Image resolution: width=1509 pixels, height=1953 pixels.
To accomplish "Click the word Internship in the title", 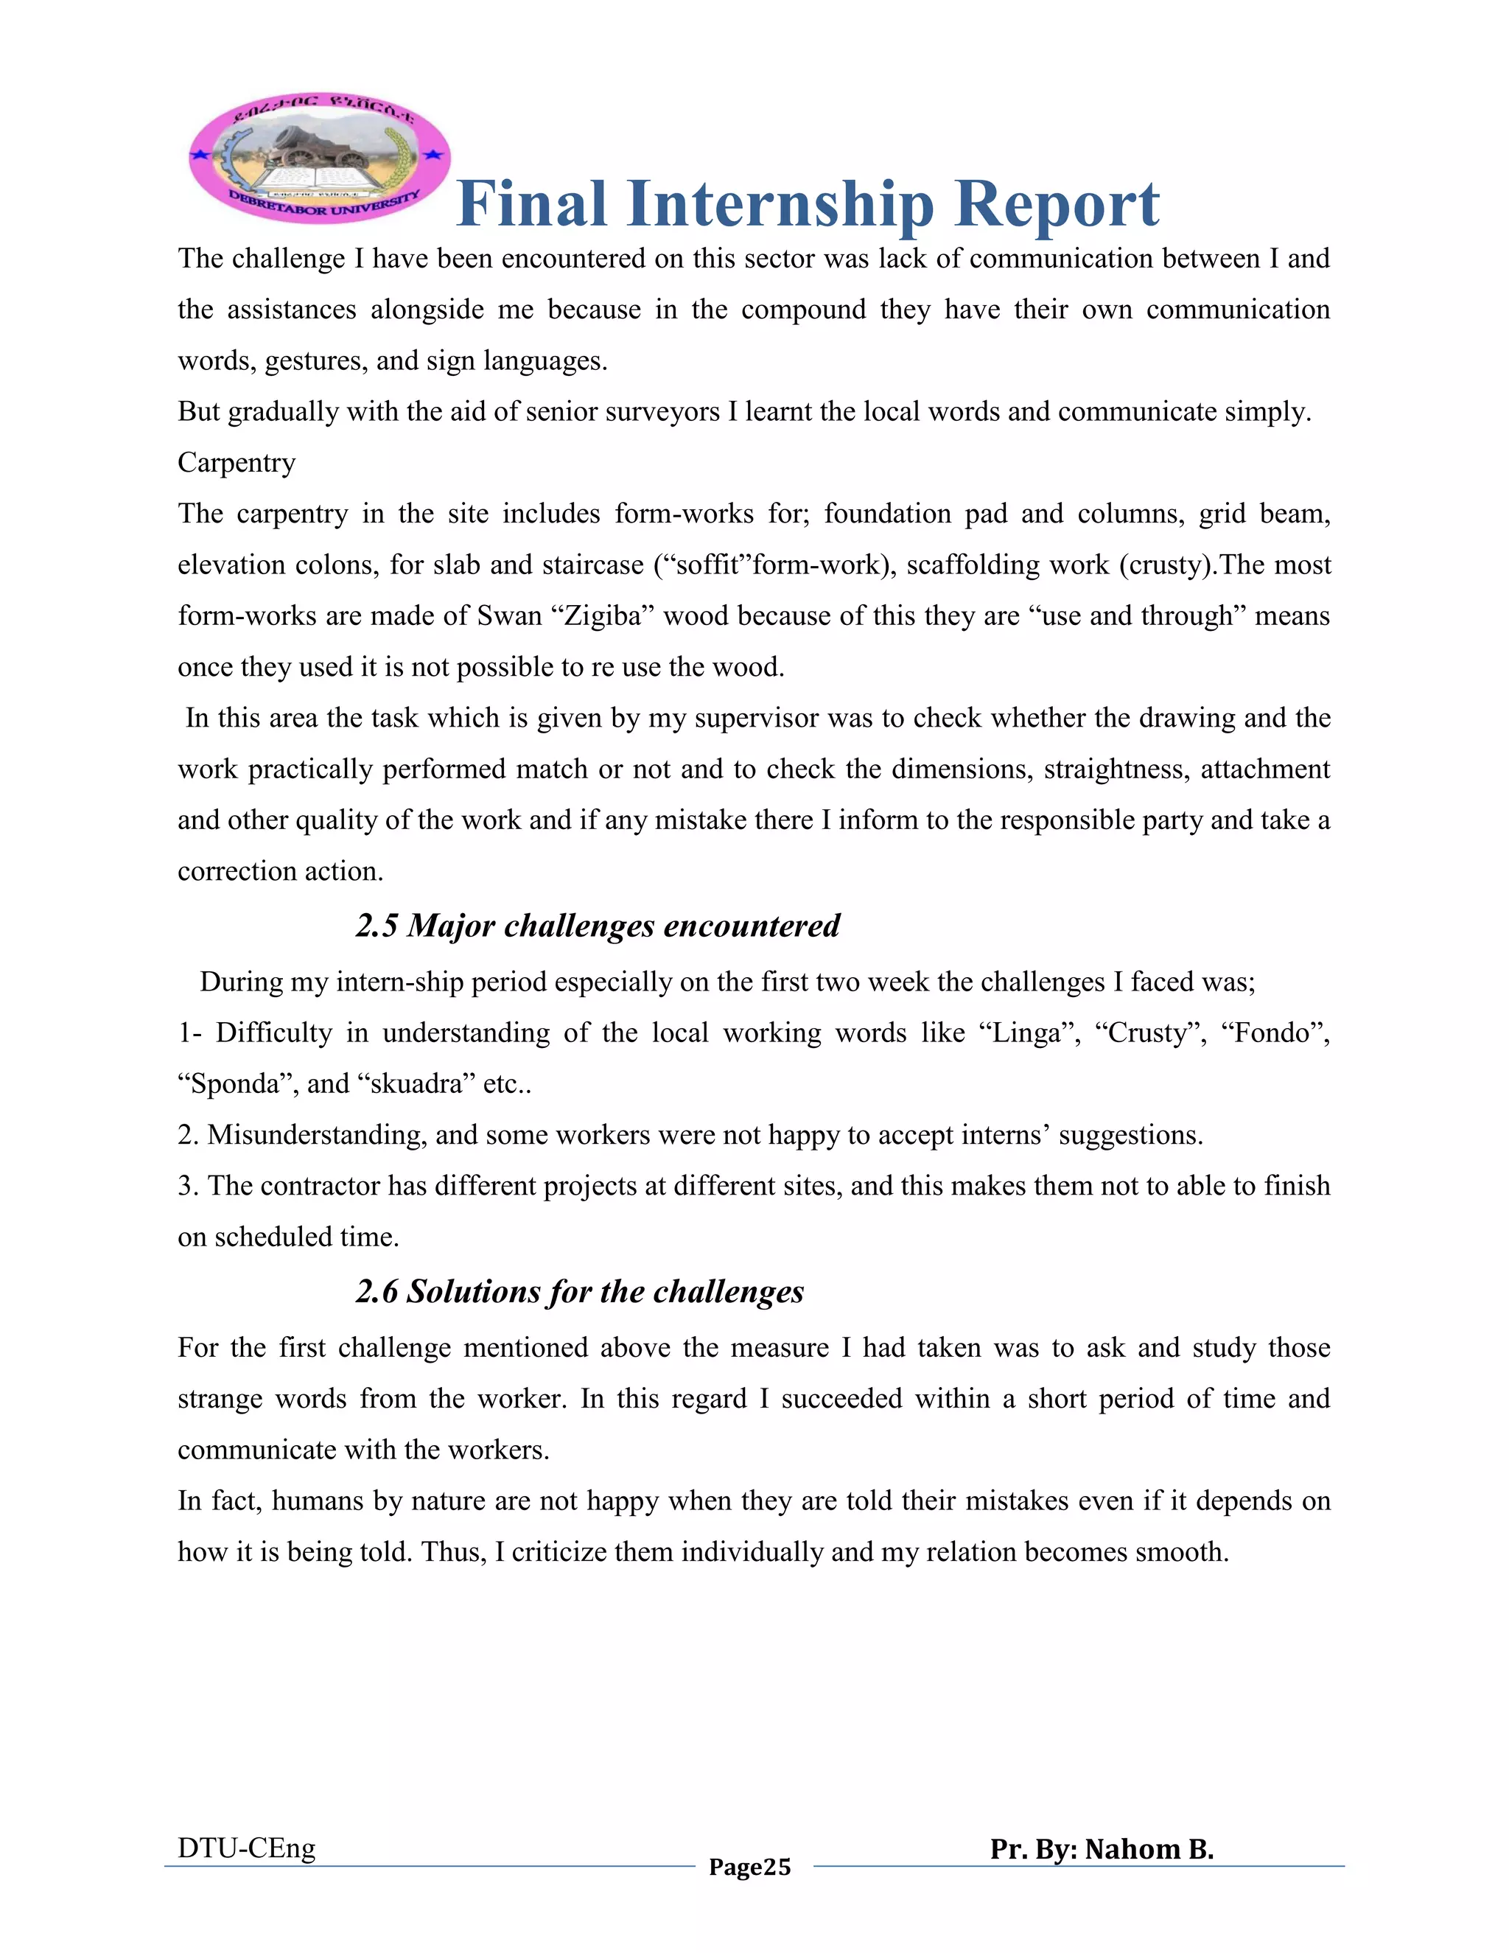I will pos(780,204).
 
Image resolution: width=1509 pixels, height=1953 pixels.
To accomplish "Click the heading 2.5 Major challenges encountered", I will pos(597,925).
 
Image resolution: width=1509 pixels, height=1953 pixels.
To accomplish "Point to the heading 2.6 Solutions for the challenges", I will pos(579,1291).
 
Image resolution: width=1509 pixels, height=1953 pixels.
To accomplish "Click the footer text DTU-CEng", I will pos(247,1848).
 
